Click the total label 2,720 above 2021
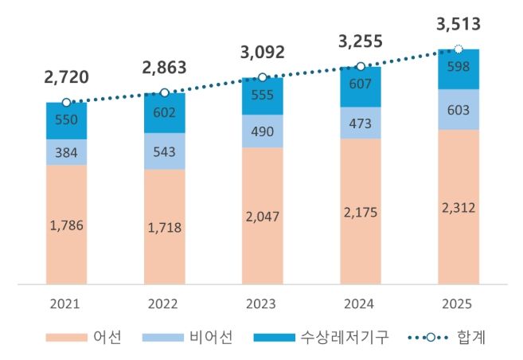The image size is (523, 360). [x=66, y=77]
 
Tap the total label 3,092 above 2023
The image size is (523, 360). [x=262, y=54]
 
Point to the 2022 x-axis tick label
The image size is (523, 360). [x=164, y=303]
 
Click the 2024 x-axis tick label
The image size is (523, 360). [x=360, y=303]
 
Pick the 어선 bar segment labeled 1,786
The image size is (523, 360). [x=66, y=225]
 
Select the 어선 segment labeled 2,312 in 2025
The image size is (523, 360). [x=458, y=207]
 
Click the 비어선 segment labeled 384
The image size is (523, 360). [x=66, y=152]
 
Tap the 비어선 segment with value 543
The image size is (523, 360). [x=164, y=151]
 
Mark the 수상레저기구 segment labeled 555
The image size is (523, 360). [x=262, y=96]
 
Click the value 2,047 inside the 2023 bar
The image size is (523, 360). [x=262, y=215]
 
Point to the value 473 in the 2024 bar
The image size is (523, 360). [x=360, y=123]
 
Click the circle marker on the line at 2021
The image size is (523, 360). [x=66, y=102]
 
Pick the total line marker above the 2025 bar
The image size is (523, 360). [x=458, y=49]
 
